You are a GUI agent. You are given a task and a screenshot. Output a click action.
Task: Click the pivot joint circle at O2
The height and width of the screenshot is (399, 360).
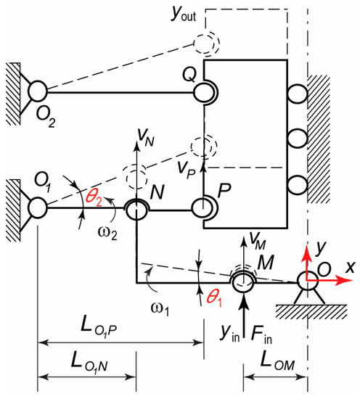point(37,91)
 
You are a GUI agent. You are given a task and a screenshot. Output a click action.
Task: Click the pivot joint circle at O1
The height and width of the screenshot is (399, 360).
point(37,209)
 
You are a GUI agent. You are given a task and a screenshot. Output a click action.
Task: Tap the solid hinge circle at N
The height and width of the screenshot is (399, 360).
point(136,210)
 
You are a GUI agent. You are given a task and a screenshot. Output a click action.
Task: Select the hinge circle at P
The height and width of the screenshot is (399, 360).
point(202,209)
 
